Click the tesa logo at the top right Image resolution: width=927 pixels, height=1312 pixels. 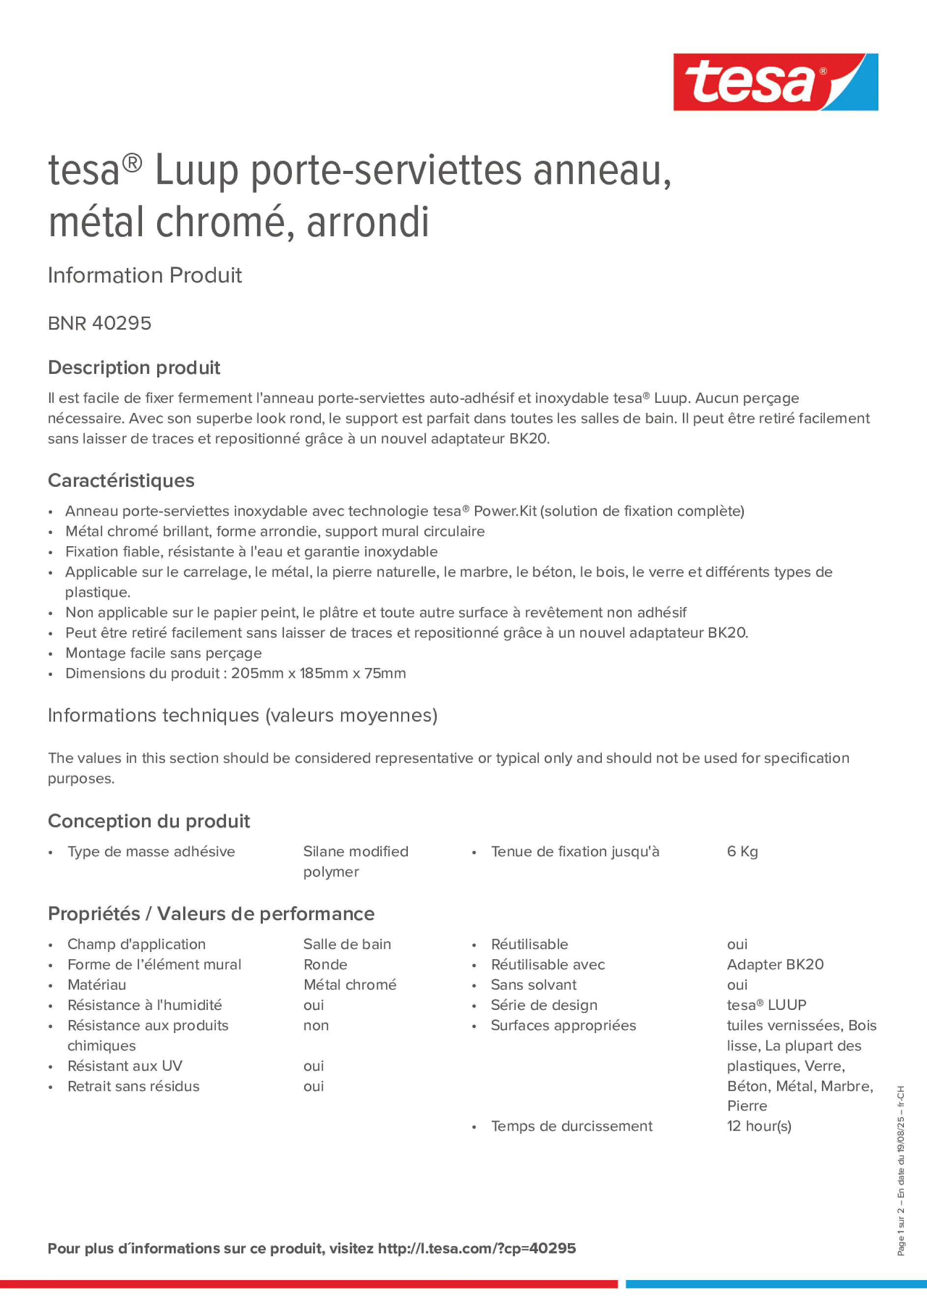click(x=775, y=82)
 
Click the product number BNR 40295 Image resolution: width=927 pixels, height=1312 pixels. click(x=99, y=323)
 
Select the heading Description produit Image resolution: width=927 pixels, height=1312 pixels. click(x=134, y=367)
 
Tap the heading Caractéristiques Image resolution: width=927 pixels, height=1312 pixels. click(x=121, y=480)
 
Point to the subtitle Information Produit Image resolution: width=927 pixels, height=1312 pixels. click(x=144, y=276)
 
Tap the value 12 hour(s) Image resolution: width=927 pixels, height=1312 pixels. click(x=758, y=1126)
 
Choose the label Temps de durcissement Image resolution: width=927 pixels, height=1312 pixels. click(x=571, y=1126)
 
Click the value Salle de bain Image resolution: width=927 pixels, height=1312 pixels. click(x=347, y=944)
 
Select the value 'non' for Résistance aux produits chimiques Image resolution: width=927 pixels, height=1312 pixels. click(x=315, y=1025)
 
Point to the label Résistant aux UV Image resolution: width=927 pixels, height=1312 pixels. click(x=125, y=1066)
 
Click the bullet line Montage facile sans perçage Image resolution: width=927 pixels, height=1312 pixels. click(x=164, y=653)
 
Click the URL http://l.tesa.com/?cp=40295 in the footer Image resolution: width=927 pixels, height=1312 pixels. click(x=477, y=1248)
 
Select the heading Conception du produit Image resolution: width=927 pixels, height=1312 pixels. click(x=148, y=821)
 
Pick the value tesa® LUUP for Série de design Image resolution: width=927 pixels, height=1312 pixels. click(x=766, y=1005)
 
